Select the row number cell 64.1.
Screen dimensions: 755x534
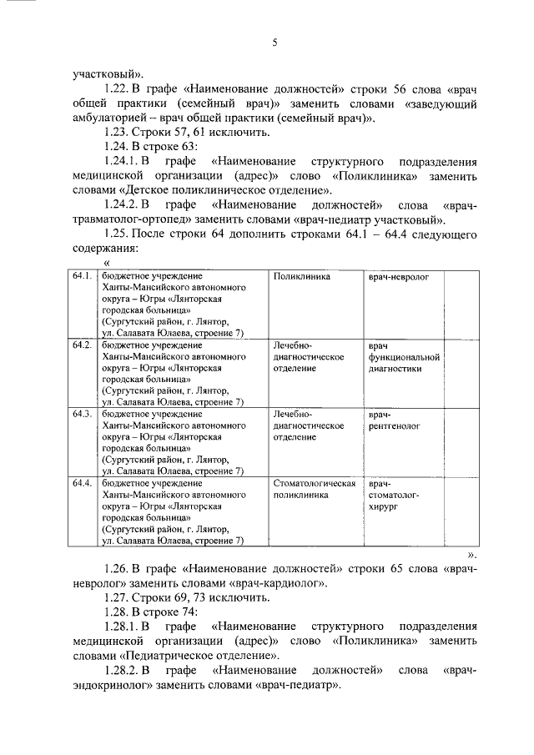pyautogui.click(x=81, y=276)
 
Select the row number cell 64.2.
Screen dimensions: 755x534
pyautogui.click(x=81, y=345)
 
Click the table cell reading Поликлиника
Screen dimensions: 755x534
pyautogui.click(x=301, y=276)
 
